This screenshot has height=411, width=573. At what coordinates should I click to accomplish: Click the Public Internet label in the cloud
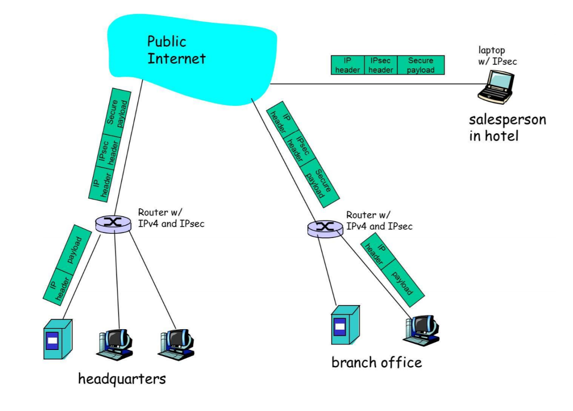tap(176, 50)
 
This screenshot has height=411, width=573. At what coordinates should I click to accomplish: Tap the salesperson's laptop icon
tap(496, 87)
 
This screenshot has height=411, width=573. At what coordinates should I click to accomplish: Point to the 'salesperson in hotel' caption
tap(507, 127)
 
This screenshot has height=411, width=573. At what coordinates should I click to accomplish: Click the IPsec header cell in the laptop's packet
tap(381, 65)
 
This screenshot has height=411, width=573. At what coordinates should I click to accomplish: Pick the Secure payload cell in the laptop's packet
tap(421, 65)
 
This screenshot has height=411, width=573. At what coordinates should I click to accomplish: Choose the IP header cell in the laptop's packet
tap(347, 65)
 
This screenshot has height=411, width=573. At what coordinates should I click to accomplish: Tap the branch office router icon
tap(325, 227)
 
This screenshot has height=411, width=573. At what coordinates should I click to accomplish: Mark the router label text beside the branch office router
tap(379, 221)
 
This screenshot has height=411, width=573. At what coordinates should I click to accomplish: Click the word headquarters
tap(122, 379)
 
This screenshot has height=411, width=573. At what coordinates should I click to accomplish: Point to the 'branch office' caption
tap(377, 362)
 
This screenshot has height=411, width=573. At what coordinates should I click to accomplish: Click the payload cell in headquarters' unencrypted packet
tap(75, 249)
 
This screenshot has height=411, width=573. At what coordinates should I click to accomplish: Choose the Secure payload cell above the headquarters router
tap(118, 112)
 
